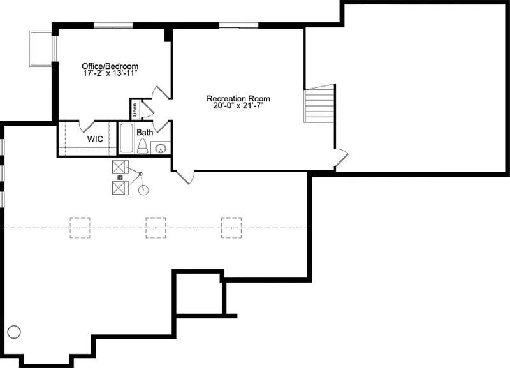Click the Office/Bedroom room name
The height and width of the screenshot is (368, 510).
point(110,66)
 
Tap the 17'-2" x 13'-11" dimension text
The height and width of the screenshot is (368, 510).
point(110,74)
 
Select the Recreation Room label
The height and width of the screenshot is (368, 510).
point(238,99)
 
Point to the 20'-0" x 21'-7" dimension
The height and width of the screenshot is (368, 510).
point(238,107)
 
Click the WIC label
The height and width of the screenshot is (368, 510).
point(95,138)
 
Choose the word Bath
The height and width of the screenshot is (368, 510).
point(145,133)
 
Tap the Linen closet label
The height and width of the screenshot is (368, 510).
point(135,109)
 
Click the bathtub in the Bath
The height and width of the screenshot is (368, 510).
point(126,139)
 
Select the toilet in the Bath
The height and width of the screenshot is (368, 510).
point(142,147)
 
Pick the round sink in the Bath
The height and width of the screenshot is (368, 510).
point(161,149)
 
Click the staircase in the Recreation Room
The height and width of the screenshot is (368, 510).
point(319,104)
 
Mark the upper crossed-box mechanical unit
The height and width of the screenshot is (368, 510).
point(119,168)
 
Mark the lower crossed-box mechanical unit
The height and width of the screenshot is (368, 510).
point(119,188)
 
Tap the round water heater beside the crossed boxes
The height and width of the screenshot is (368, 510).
point(143,189)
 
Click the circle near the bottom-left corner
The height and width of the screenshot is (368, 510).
point(14,332)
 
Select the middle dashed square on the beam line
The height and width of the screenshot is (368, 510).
point(156,227)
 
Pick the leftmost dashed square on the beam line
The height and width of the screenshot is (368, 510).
point(80,227)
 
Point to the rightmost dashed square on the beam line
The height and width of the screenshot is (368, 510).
point(231,227)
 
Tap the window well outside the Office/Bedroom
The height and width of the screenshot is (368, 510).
point(41,48)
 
